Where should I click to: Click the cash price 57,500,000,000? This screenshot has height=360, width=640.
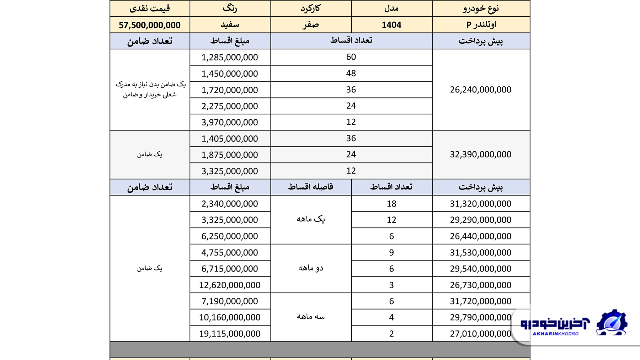(150, 25)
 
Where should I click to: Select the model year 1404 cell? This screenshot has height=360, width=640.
(391, 25)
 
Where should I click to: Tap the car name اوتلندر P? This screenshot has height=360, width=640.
(481, 25)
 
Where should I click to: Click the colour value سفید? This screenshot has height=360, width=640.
(230, 25)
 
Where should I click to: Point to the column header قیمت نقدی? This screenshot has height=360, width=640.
(150, 8)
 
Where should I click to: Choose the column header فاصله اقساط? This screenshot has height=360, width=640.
(311, 187)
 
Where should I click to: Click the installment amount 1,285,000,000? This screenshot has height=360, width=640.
(230, 57)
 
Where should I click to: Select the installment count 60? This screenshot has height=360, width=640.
(351, 57)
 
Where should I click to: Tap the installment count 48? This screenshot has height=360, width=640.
(351, 73)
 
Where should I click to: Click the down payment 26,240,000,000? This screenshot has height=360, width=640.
(481, 90)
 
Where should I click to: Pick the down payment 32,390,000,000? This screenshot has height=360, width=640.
(481, 154)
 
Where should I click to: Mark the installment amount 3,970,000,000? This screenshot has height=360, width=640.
(230, 122)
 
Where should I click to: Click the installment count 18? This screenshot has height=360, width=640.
(391, 204)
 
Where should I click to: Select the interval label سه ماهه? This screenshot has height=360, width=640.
(311, 317)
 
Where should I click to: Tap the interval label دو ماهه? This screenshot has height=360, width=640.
(311, 268)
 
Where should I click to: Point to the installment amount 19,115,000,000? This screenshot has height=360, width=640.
(230, 334)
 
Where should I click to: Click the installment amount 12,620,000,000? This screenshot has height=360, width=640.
(230, 285)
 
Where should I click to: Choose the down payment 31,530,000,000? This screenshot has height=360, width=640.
(481, 253)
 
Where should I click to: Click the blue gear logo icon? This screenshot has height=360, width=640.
(612, 322)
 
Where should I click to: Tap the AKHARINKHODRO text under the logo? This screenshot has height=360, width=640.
(555, 334)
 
